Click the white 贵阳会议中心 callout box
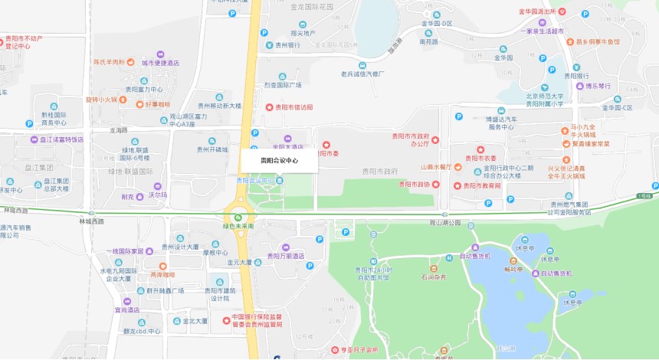279,161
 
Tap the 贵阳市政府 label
379,172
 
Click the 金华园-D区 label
437,24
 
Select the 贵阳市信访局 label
294,107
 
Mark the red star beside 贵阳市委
326,144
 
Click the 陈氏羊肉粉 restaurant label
109,62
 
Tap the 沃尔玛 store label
158,195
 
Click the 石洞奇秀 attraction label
433,279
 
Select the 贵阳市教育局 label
482,185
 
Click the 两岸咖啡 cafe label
162,274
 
